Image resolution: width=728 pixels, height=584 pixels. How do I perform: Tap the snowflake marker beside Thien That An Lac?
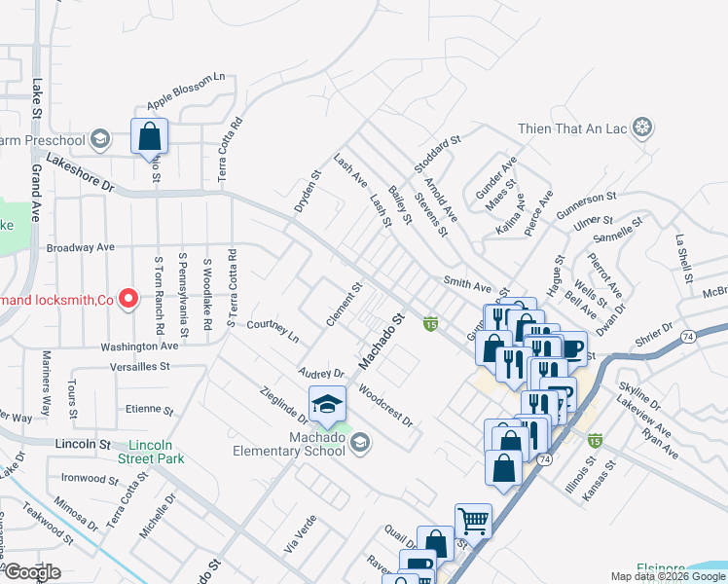(x=642, y=128)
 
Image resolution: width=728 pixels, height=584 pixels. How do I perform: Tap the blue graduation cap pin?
(x=328, y=404)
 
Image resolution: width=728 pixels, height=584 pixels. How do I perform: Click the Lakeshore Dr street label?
(x=80, y=171)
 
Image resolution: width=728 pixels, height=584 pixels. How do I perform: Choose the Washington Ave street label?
(x=139, y=346)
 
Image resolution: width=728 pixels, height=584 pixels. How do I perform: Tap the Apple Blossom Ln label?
(x=186, y=91)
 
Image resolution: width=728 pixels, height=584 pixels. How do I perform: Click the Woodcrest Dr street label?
(x=385, y=408)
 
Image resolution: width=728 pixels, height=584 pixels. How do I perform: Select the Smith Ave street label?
(x=468, y=286)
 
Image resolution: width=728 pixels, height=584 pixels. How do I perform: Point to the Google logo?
(x=31, y=572)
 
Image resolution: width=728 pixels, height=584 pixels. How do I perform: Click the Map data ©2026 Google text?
(x=668, y=576)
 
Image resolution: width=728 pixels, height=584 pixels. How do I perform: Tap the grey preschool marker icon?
(x=99, y=139)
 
